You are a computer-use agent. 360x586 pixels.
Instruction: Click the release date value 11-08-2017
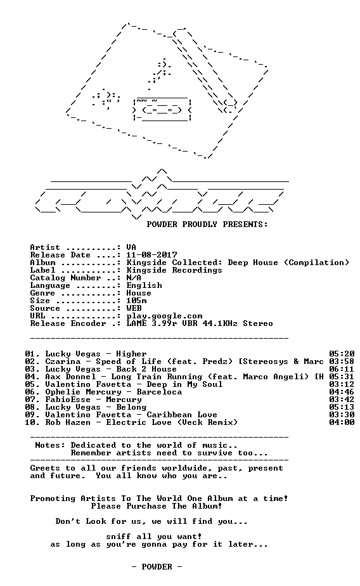(x=151, y=255)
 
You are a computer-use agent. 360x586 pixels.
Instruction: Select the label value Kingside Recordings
(x=174, y=270)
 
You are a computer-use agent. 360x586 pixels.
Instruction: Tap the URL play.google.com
(x=164, y=316)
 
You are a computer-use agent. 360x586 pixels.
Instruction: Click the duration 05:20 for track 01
(x=342, y=354)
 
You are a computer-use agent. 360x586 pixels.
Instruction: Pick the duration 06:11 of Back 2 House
(x=342, y=369)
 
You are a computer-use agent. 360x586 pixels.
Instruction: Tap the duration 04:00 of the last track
(x=342, y=422)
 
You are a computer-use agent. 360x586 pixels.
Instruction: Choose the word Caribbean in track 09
(x=169, y=415)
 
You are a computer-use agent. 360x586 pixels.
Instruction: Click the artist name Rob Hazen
(x=68, y=422)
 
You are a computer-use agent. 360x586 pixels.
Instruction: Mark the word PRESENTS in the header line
(x=245, y=225)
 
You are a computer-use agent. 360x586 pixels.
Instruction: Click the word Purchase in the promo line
(x=146, y=506)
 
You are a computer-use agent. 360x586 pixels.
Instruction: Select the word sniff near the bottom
(x=119, y=537)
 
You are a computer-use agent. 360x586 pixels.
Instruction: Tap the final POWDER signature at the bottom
(x=157, y=567)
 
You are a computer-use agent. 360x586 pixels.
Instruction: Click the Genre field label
(x=42, y=293)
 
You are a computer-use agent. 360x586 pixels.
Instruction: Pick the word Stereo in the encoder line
(x=258, y=323)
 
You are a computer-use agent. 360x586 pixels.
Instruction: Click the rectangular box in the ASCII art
(x=162, y=109)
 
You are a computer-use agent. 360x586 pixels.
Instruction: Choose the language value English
(x=144, y=285)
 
